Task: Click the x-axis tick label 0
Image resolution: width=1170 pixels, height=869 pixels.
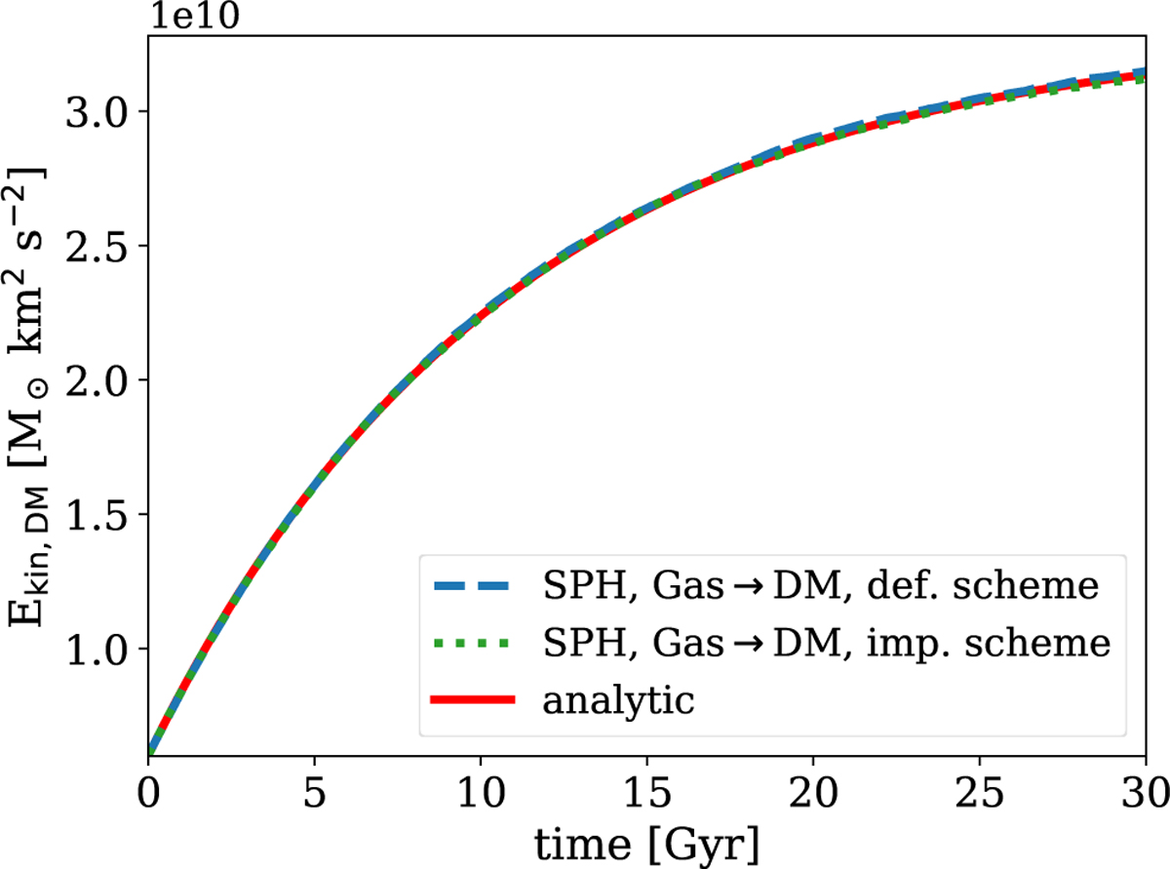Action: [148, 787]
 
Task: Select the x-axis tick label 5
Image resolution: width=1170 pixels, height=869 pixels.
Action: [314, 787]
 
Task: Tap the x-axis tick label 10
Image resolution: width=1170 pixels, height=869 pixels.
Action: [480, 787]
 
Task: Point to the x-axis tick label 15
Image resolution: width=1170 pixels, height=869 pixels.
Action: [646, 787]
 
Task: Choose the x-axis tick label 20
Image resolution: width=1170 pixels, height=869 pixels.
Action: [812, 787]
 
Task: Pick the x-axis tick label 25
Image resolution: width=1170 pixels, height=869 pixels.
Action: [979, 787]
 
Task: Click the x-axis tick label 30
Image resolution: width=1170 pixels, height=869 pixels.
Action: [1143, 787]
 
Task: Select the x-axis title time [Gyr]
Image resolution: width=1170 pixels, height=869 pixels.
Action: [645, 839]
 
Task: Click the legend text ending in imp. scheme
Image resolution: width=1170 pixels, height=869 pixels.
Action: [827, 644]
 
